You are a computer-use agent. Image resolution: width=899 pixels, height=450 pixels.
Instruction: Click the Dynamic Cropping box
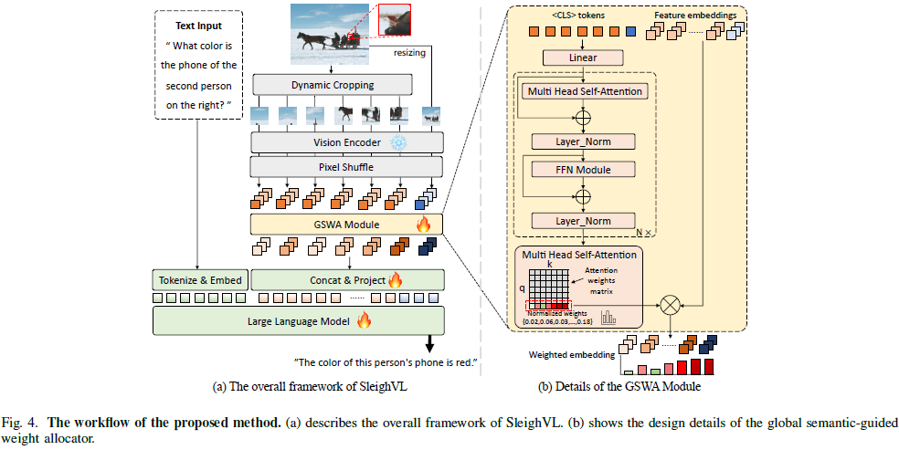point(332,85)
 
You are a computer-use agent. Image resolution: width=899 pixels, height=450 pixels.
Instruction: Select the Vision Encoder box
point(347,142)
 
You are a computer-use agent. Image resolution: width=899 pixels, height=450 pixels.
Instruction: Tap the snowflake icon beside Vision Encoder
point(397,142)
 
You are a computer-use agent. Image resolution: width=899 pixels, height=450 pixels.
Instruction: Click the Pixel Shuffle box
point(347,167)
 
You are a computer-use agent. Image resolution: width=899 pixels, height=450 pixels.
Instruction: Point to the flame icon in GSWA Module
point(423,224)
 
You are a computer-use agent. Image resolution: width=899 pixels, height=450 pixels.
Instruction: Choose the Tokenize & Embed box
point(199,280)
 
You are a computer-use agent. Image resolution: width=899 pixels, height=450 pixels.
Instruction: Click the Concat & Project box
point(348,280)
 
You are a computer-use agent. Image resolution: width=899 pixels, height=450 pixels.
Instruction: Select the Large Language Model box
point(299,320)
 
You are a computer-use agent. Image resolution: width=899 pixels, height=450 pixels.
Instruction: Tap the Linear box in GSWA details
point(583,58)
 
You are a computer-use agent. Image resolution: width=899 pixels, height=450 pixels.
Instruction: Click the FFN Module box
point(584,170)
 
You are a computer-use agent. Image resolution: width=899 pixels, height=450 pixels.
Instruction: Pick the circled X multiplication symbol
point(669,306)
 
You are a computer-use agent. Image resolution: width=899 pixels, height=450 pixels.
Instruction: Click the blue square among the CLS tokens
point(631,31)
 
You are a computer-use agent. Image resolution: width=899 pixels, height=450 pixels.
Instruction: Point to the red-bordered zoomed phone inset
point(395,19)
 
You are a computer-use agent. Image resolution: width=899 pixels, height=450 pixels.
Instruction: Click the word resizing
point(409,53)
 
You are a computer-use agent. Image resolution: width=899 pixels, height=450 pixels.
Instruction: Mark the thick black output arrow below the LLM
point(428,343)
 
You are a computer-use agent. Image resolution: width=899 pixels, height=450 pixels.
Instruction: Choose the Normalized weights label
point(554,314)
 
